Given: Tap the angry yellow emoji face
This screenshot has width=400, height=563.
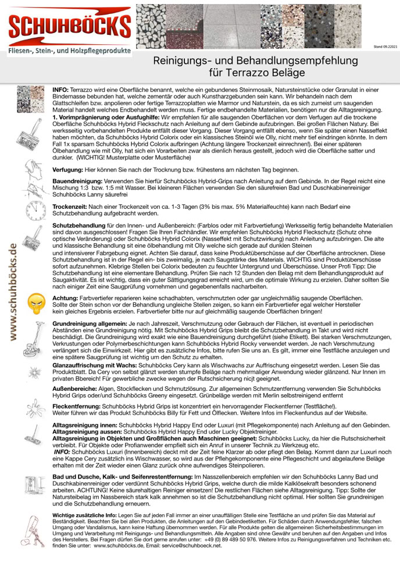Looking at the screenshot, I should coord(37,302).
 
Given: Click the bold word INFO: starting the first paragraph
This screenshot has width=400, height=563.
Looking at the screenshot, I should coord(60,91).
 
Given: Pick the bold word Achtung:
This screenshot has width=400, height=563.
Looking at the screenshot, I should coord(66,298).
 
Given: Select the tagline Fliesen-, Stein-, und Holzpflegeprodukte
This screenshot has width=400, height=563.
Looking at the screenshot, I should coord(69,51).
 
